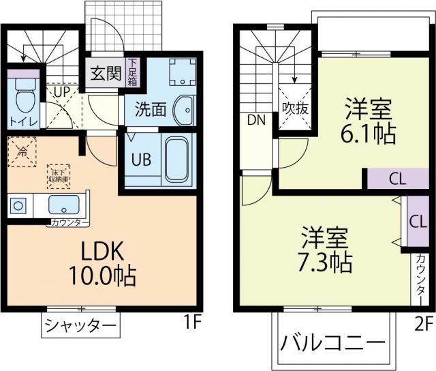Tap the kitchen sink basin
pyautogui.click(x=65, y=205)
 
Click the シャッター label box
pyautogui.click(x=80, y=325)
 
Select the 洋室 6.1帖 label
pyautogui.click(x=368, y=121)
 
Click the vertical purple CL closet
pyautogui.click(x=416, y=222)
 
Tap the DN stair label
pyautogui.click(x=255, y=121)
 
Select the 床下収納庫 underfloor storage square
pyautogui.click(x=58, y=174)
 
